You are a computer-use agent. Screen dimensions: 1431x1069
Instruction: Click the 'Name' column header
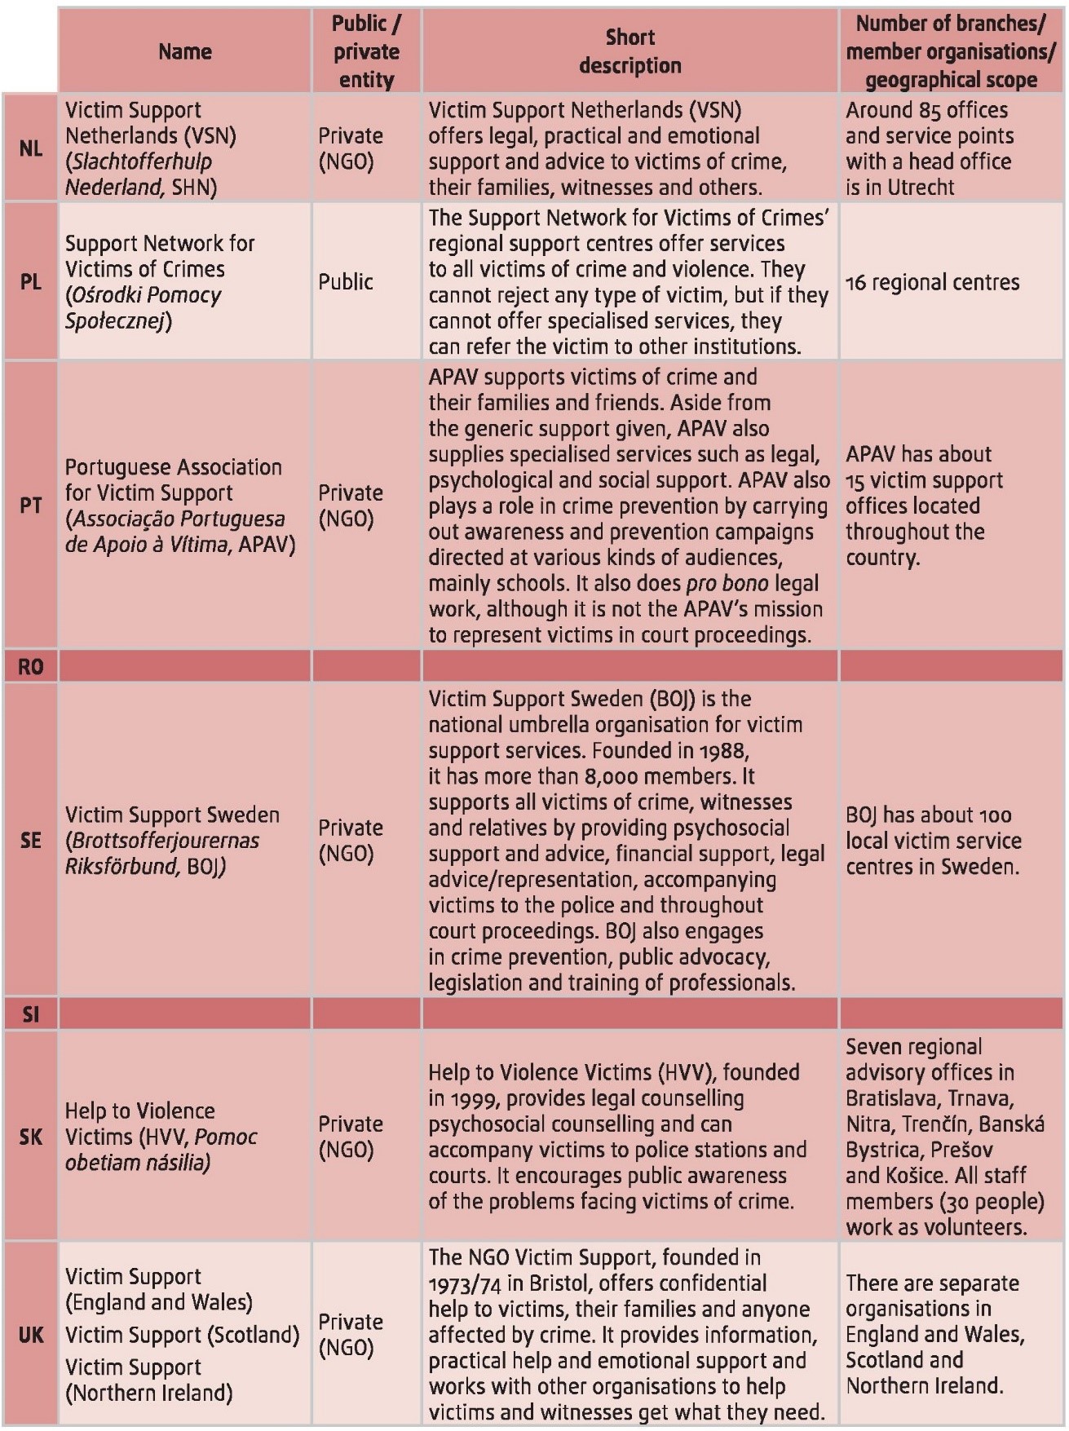185,51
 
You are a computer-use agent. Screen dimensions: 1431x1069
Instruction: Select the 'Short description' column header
630,51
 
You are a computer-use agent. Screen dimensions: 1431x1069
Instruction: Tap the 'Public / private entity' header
366,51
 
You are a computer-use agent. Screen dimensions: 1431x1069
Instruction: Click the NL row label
31,148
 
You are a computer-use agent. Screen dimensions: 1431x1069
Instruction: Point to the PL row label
31,282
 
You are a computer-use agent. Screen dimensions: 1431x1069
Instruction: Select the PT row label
31,506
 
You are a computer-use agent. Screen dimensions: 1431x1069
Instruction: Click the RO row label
31,667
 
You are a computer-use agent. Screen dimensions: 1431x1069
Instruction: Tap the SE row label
31,840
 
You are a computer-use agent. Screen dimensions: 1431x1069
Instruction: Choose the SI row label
31,1014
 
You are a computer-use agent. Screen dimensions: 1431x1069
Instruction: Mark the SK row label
31,1137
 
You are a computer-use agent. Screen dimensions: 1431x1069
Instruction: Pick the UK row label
31,1335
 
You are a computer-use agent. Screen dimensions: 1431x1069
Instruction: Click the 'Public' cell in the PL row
346,282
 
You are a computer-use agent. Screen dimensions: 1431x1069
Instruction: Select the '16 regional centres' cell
932,283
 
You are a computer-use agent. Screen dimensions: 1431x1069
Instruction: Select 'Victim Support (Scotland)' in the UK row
182,1335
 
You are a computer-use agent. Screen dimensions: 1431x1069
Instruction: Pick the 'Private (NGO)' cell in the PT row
351,506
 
